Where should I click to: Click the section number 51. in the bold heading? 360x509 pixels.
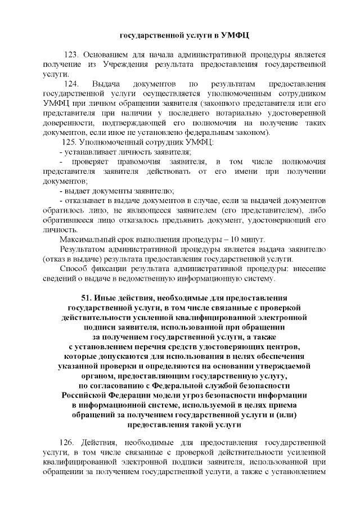coord(88,297)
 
